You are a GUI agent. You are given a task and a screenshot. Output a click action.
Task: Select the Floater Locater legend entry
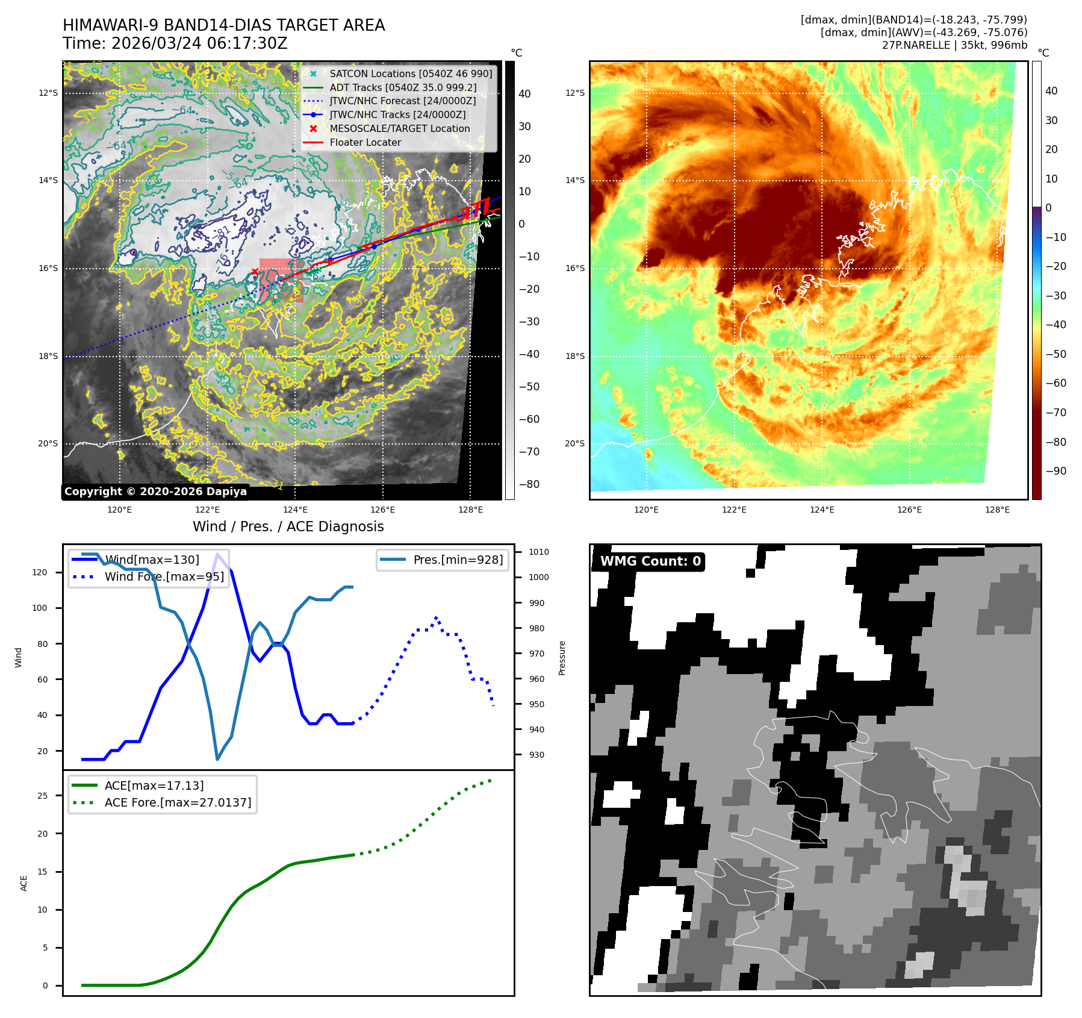coord(365,142)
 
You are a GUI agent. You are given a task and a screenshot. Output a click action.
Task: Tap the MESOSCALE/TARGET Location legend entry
coord(399,128)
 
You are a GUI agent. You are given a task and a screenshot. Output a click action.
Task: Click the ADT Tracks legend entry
coord(403,87)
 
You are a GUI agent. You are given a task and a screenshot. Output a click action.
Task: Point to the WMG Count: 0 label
coord(650,561)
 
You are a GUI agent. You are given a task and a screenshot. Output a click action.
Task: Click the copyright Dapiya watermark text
coord(155,492)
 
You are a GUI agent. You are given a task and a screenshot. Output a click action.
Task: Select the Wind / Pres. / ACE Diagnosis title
coord(288,526)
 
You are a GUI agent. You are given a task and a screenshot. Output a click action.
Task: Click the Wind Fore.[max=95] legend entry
coord(164,576)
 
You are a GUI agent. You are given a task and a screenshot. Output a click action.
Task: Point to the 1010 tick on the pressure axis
coord(538,552)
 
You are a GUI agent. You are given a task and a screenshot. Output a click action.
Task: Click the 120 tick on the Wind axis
coord(40,572)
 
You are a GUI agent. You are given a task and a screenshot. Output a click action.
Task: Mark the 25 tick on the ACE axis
coord(42,796)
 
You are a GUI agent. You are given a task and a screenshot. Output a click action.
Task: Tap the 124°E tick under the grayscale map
coord(295,510)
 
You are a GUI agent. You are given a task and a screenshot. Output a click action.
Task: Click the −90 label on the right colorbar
coord(1056,471)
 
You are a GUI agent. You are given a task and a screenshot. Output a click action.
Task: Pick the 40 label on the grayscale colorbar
coord(524,94)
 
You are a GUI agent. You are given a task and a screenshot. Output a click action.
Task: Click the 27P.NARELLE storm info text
coord(954,45)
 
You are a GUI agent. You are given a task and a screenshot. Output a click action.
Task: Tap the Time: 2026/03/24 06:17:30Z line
coord(175,44)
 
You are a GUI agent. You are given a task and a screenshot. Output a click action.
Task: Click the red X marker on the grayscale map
coord(255,272)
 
